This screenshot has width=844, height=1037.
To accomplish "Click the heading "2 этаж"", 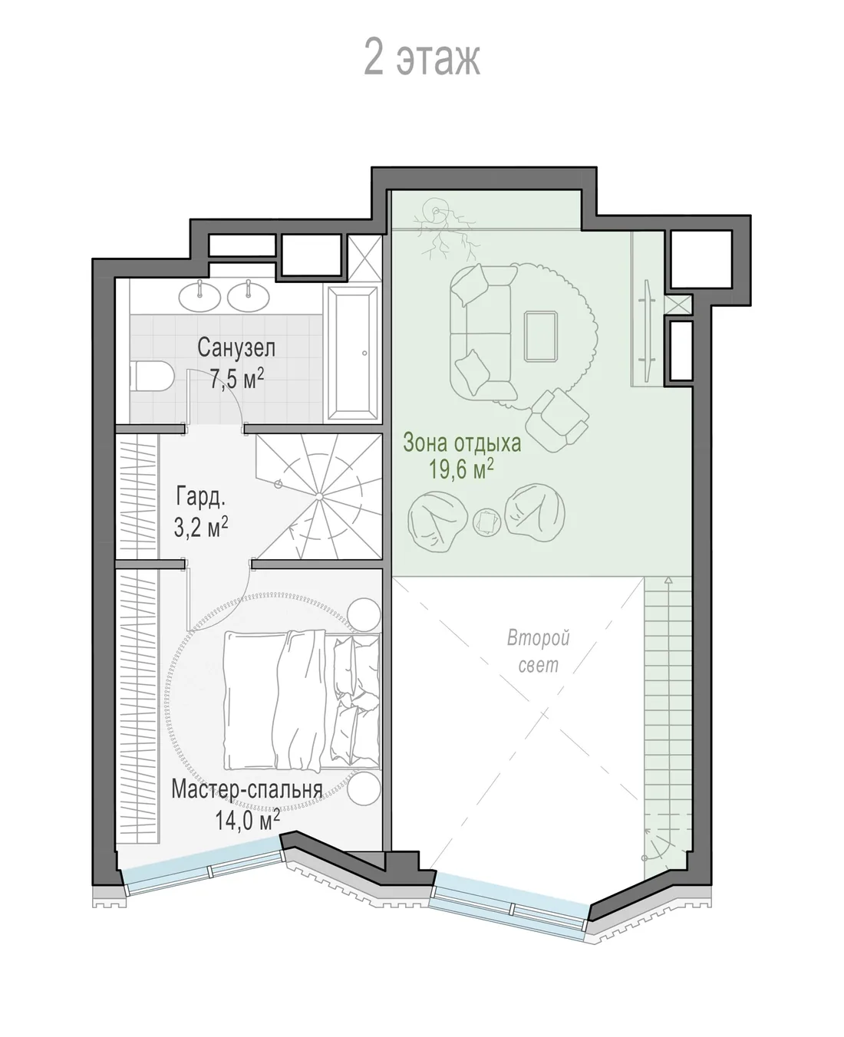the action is pyautogui.click(x=422, y=59).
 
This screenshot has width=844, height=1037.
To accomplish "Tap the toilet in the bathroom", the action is pyautogui.click(x=152, y=376).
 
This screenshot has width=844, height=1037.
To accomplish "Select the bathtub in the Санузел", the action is pyautogui.click(x=353, y=353).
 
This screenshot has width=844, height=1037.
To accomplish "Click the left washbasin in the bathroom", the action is pyautogui.click(x=199, y=297).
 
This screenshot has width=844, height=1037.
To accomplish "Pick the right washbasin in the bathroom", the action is pyautogui.click(x=249, y=297).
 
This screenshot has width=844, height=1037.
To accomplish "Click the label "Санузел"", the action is pyautogui.click(x=236, y=347).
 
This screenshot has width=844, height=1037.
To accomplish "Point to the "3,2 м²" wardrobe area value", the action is pyautogui.click(x=201, y=526).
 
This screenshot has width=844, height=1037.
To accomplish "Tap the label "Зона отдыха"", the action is pyautogui.click(x=462, y=443).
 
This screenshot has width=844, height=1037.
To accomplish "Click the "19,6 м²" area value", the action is pyautogui.click(x=460, y=469).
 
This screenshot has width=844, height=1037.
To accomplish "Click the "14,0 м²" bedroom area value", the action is pyautogui.click(x=247, y=820).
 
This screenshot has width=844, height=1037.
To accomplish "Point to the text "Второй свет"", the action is pyautogui.click(x=538, y=651).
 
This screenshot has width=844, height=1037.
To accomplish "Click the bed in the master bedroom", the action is pyautogui.click(x=302, y=700).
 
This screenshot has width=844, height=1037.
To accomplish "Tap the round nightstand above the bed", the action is pyautogui.click(x=364, y=614).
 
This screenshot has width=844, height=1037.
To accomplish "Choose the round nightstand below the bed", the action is pyautogui.click(x=364, y=788).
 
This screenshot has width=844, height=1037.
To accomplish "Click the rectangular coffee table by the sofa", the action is pyautogui.click(x=541, y=336).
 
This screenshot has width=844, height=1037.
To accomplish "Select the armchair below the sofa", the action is pyautogui.click(x=558, y=420).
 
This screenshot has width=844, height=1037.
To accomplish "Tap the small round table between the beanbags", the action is pyautogui.click(x=487, y=522).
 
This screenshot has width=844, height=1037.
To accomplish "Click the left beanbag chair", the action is pyautogui.click(x=437, y=522).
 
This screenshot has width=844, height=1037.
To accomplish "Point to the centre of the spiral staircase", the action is pyautogui.click(x=318, y=496).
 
